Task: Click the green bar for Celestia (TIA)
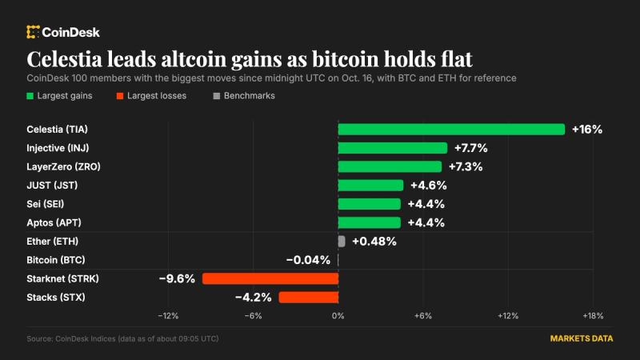[451, 130]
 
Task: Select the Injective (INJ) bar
[393, 148]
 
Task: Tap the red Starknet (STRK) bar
[270, 278]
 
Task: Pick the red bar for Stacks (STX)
[309, 298]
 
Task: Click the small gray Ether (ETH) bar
[342, 242]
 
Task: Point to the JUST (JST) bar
[370, 186]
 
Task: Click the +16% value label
[587, 130]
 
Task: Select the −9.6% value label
[177, 278]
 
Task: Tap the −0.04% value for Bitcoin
[308, 260]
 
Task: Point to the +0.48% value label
[374, 242]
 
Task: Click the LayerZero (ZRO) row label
[63, 166]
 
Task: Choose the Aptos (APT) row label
[54, 222]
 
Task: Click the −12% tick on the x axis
[168, 315]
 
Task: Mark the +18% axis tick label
[593, 315]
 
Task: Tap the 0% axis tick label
[338, 315]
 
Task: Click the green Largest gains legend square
[30, 96]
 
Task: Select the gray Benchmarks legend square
[217, 96]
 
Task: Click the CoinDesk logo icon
[33, 32]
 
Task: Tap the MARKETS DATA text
[582, 338]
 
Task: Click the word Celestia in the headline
[64, 58]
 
